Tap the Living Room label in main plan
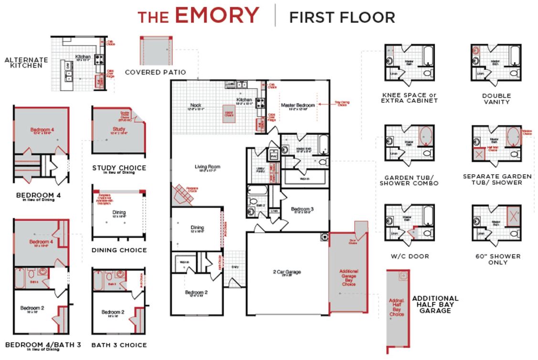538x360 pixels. click(x=207, y=167)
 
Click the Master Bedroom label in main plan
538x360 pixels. click(x=298, y=106)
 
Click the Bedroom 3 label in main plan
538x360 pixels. click(x=302, y=209)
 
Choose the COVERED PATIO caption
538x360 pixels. click(x=155, y=73)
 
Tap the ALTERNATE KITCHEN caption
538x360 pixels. click(x=26, y=63)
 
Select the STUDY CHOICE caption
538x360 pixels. click(x=119, y=169)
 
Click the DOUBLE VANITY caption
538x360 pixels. click(x=496, y=98)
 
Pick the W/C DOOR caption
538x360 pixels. click(x=410, y=256)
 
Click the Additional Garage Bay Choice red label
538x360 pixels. click(x=348, y=277)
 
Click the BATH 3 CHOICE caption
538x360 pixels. click(x=119, y=345)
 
